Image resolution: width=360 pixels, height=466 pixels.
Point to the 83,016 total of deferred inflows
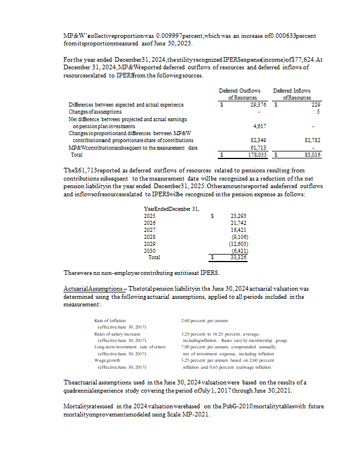coord(312,155)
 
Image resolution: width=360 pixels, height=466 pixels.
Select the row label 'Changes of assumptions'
coord(95,111)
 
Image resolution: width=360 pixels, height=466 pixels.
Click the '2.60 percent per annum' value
coord(204,320)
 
